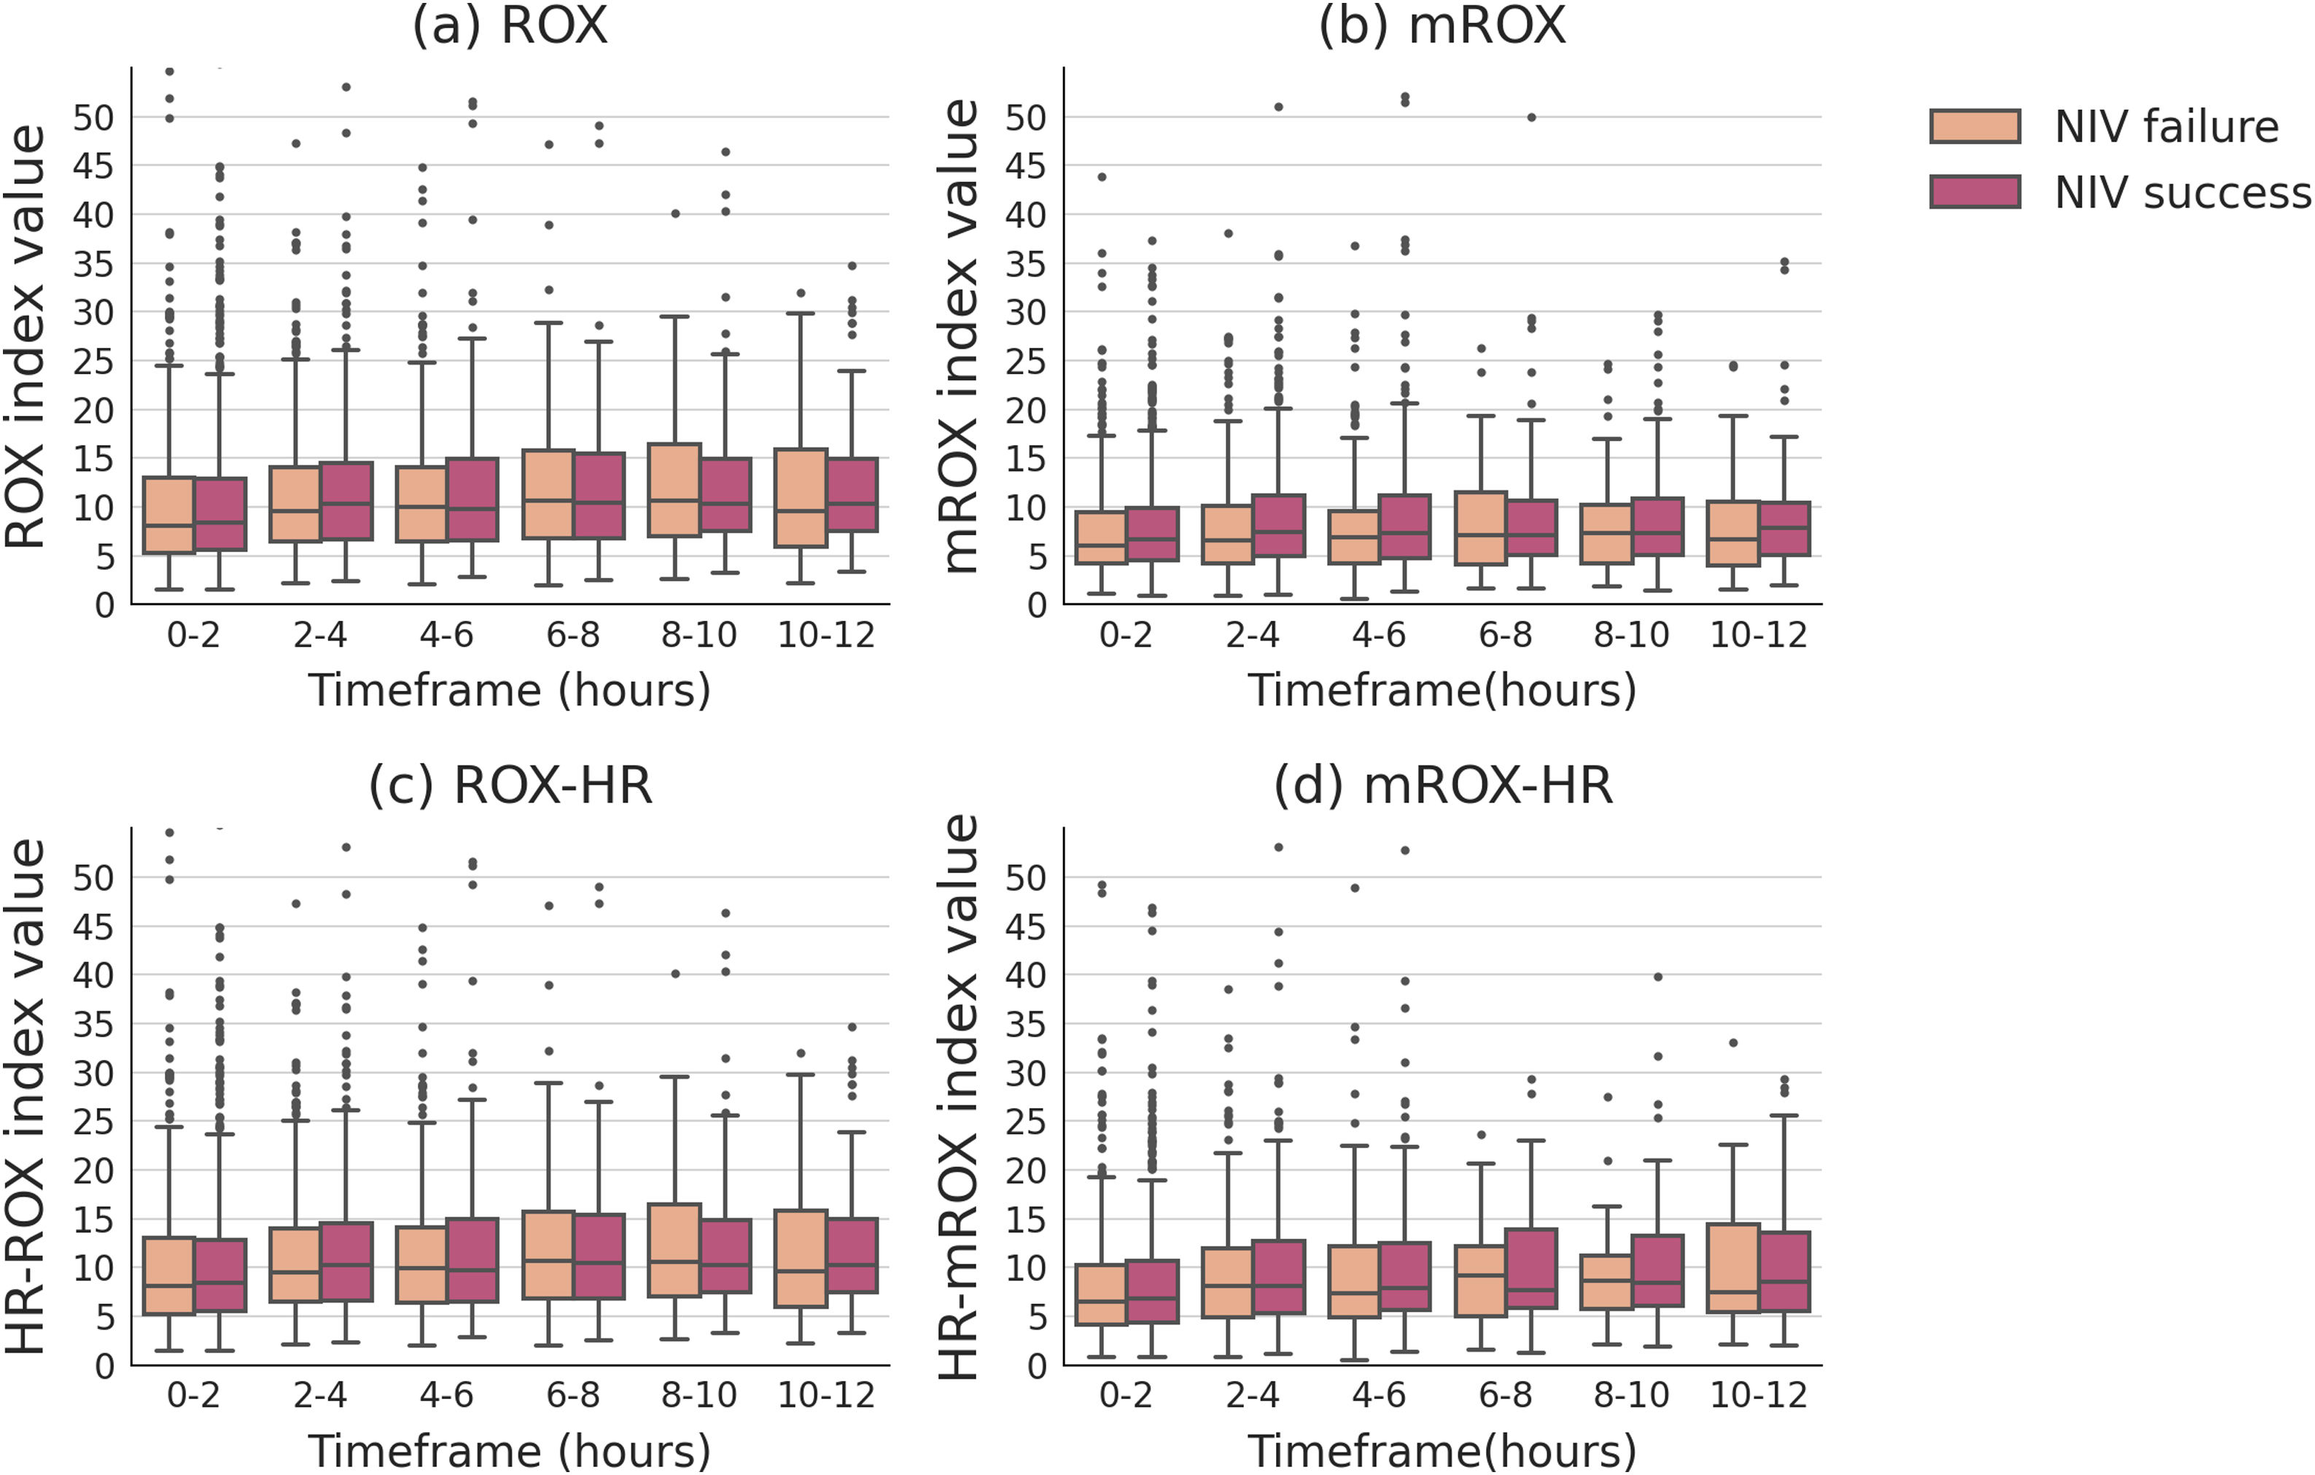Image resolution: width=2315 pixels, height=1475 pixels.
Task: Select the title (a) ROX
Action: (x=510, y=26)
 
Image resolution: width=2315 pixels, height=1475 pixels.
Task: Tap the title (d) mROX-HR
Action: (x=1442, y=786)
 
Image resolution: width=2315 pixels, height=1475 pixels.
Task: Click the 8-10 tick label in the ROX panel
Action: (x=699, y=635)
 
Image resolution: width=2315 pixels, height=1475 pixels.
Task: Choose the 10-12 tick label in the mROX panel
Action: (x=1759, y=635)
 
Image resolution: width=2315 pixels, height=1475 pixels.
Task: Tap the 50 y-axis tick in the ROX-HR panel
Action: (x=93, y=878)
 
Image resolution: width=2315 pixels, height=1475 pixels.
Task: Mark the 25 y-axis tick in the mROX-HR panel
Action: (x=1026, y=1122)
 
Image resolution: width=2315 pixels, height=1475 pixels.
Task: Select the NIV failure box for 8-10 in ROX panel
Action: (x=674, y=490)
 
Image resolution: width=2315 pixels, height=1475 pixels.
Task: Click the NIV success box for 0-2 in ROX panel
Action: (x=220, y=514)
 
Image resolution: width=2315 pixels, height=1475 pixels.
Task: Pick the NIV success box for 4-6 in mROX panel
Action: (x=1404, y=527)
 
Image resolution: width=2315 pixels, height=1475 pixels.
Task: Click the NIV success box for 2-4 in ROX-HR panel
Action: (x=346, y=1261)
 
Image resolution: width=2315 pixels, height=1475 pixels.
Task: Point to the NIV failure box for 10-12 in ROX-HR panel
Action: (x=801, y=1258)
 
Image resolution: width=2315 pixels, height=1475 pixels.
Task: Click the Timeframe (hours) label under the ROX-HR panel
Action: (x=510, y=1451)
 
